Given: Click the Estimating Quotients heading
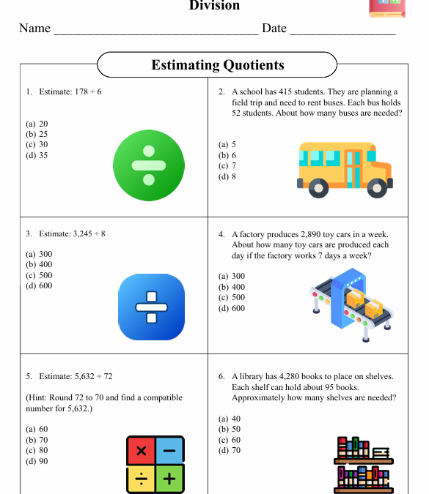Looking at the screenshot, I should coord(217,65).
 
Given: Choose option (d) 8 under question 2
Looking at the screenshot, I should coord(227,176).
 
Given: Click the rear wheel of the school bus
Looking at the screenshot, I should coord(318,189).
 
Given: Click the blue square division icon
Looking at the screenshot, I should coord(152,307).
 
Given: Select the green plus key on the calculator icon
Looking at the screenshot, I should coord(169,479).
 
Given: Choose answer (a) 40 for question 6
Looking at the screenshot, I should coord(230,419).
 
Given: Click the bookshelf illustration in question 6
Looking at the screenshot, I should coord(364,465).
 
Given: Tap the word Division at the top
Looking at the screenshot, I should coord(214,6).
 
